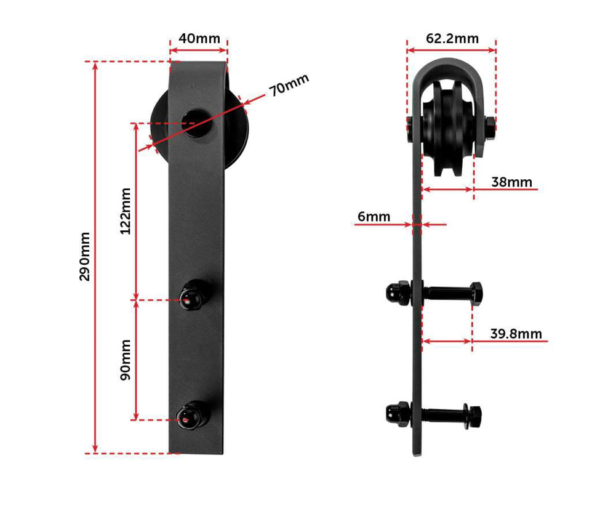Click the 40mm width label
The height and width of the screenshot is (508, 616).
(199, 38)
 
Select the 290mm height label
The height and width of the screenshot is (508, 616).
(84, 256)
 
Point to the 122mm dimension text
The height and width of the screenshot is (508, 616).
(126, 211)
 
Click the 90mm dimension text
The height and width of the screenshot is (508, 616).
(126, 360)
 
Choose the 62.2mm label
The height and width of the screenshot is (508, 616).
(452, 38)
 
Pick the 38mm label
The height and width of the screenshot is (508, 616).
(511, 182)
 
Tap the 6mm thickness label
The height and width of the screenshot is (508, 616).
(374, 216)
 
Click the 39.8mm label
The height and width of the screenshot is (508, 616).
(516, 334)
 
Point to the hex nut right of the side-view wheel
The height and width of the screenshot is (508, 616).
(490, 127)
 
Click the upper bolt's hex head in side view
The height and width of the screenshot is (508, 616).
(476, 293)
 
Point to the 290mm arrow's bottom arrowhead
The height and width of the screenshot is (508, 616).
(95, 449)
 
